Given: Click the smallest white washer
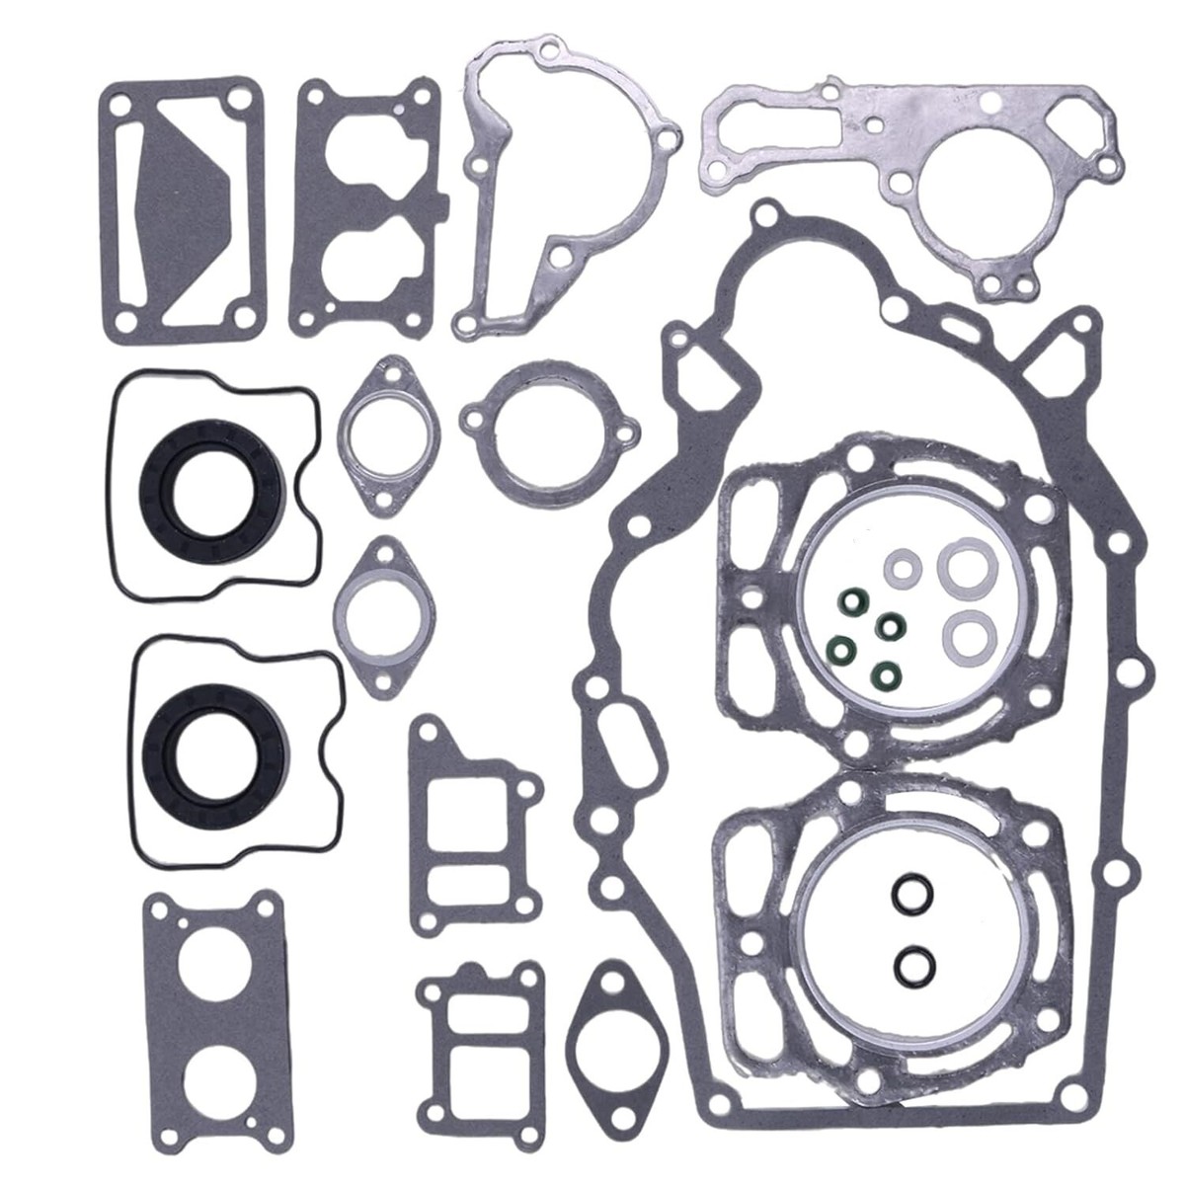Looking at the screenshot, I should (x=900, y=570).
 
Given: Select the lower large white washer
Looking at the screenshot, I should (x=968, y=631).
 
